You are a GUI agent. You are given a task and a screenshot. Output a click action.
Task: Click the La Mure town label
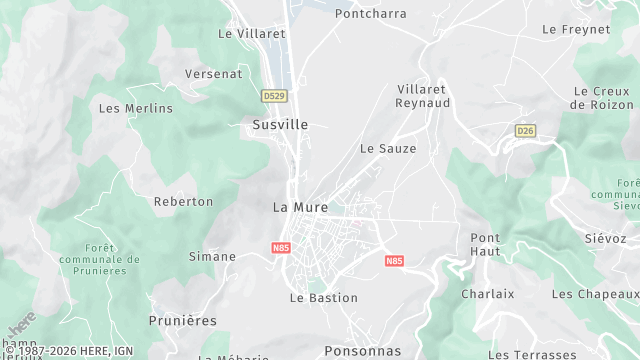300,207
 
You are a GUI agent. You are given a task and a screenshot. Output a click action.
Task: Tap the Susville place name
280,125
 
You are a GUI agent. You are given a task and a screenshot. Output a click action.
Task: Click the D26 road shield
525,131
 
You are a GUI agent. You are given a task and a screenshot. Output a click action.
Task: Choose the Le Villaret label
252,33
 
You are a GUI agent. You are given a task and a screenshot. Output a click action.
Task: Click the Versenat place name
214,74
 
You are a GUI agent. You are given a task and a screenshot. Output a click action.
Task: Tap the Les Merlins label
136,108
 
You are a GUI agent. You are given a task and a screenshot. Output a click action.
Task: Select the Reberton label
183,201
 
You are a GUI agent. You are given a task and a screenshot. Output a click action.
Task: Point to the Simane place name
212,256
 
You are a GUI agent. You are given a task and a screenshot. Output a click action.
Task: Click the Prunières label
182,320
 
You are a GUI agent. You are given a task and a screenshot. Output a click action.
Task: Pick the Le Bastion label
324,297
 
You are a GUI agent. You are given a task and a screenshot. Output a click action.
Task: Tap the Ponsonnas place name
362,351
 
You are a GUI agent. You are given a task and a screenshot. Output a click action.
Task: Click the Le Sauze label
388,148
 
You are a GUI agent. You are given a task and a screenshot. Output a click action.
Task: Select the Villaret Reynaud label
423,96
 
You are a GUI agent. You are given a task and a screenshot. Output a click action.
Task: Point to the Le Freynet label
576,29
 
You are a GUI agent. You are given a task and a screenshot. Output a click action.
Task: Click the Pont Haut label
485,244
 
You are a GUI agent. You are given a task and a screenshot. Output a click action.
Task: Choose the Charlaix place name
487,294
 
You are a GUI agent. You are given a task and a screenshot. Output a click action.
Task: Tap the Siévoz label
605,239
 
